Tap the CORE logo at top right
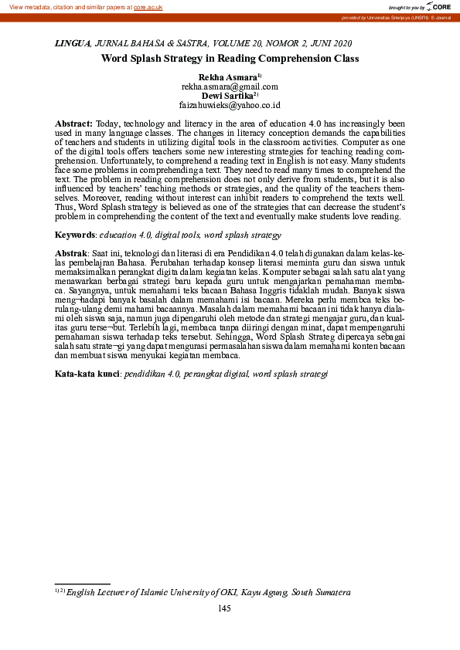coord(438,7)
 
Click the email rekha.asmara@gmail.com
coord(230,87)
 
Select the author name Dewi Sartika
coord(226,96)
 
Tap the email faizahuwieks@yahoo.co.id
coord(230,105)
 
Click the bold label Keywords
coord(75,235)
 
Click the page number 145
coord(225,609)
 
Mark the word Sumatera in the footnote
coord(330,593)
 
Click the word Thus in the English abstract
coord(64,208)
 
